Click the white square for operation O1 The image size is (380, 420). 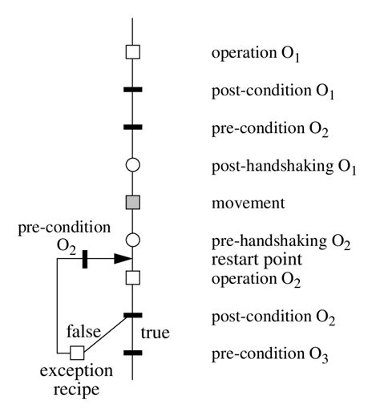coord(134,53)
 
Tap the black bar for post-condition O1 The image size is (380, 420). coord(134,89)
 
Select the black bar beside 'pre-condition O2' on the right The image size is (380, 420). coord(134,127)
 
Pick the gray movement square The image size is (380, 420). coord(134,203)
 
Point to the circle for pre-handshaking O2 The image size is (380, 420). coord(134,240)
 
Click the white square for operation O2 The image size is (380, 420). coord(134,277)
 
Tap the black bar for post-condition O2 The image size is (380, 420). coord(134,315)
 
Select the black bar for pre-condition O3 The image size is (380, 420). coord(134,352)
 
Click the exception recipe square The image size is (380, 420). coord(77,352)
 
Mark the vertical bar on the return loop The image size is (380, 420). coord(85,259)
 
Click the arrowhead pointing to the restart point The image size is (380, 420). coord(122,259)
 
